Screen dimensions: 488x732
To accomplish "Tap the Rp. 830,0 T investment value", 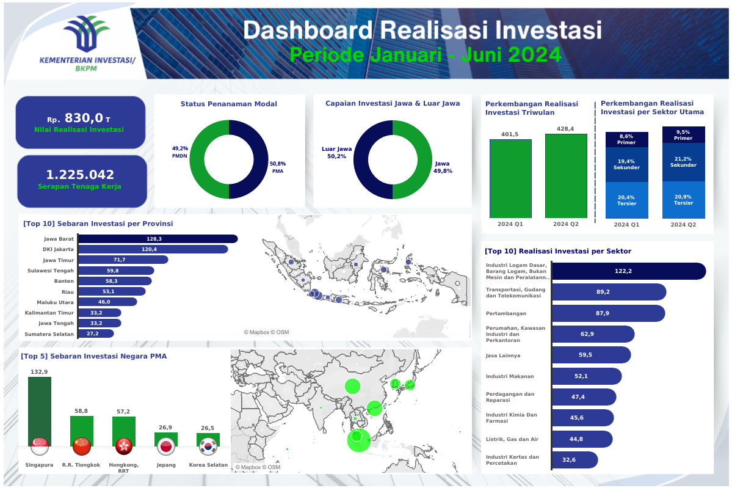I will (x=79, y=118).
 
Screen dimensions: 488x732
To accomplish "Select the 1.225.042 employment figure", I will (x=80, y=175).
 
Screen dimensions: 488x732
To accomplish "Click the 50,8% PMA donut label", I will (x=278, y=167).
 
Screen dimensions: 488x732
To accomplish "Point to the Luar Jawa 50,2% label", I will (x=336, y=152).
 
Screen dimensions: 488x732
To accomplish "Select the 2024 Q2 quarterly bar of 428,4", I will (x=566, y=175).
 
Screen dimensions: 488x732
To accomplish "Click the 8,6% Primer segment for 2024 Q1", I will (x=626, y=139).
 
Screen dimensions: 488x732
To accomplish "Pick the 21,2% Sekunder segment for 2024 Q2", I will (x=683, y=162).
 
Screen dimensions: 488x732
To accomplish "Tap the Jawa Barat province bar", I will (x=158, y=239).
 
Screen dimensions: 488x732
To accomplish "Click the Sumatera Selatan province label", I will (x=49, y=334).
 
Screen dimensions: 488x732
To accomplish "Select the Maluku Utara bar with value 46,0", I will (x=107, y=302).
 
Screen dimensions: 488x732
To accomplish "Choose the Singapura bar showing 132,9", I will (x=40, y=410).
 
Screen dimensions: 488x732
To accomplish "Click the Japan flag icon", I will (x=166, y=446).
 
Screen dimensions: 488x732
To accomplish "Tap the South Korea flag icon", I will (x=208, y=446).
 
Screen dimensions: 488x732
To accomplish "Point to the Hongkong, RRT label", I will (x=124, y=467).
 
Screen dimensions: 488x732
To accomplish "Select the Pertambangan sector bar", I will (x=608, y=313).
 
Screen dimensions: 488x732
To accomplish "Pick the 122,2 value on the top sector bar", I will (x=623, y=271).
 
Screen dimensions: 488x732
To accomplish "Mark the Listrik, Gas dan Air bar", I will (x=582, y=439).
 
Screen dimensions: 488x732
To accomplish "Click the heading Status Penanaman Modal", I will (x=229, y=104).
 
